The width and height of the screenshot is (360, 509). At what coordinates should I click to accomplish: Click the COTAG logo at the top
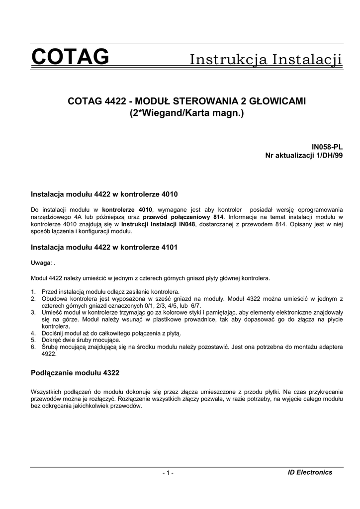[70, 58]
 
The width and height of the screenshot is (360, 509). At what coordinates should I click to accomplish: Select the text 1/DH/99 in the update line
[329, 156]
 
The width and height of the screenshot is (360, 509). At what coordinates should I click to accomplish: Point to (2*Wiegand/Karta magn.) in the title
[186, 113]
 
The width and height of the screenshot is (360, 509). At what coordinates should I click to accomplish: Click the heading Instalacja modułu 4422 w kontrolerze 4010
[104, 193]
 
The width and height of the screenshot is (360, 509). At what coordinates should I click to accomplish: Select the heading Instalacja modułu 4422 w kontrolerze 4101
[104, 247]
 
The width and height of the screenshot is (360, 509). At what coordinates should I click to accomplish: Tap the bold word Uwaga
[41, 262]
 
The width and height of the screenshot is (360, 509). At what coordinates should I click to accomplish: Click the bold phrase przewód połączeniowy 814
[182, 217]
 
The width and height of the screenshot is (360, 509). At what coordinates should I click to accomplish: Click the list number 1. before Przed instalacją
[33, 291]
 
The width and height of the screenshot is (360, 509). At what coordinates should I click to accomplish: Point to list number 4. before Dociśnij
[33, 333]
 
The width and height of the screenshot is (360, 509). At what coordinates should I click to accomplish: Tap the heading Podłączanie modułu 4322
[75, 372]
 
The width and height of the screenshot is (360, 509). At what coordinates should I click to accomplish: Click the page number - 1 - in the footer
[168, 473]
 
